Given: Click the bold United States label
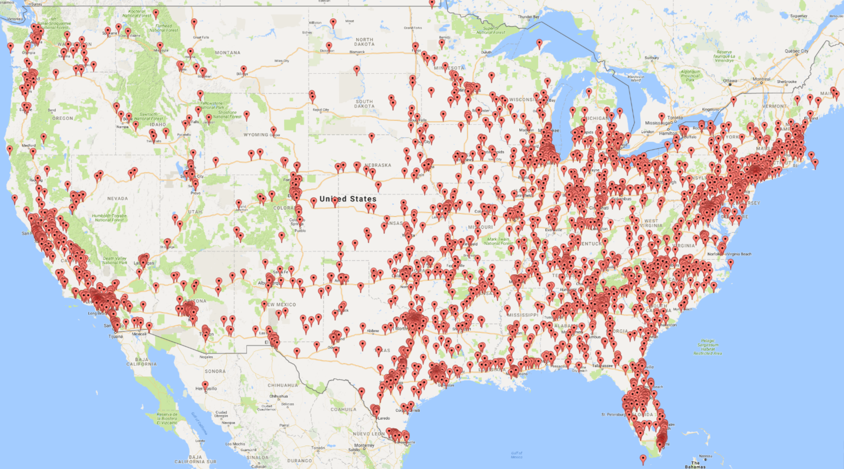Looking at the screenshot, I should (348, 199).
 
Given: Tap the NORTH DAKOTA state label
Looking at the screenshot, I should (364, 42).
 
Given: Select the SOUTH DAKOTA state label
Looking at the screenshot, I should (364, 104).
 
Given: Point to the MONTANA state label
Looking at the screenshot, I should (227, 52).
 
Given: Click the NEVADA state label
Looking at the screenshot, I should (117, 198).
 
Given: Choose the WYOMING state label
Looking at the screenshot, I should (256, 134).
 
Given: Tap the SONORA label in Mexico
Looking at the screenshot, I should (215, 371).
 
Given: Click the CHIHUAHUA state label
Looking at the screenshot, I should (283, 385).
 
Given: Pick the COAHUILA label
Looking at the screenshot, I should (343, 409).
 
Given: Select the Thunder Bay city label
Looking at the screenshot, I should (528, 17).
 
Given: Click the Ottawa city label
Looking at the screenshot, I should (730, 81).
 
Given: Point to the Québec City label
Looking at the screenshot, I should (796, 51).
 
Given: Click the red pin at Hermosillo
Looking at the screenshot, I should (205, 385).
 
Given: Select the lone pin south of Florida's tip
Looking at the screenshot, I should (643, 459).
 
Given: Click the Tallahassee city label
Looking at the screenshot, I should (602, 365).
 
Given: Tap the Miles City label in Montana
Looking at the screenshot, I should (281, 61).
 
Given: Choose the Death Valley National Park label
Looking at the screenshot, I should (115, 261).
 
